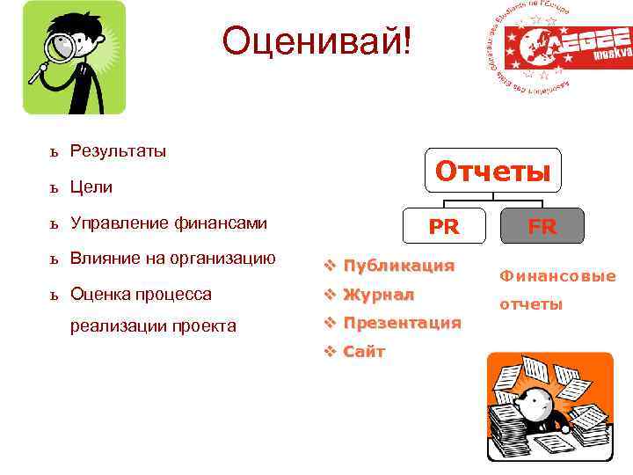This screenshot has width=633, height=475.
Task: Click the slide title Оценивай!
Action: click(316, 41)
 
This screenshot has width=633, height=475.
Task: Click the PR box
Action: click(444, 226)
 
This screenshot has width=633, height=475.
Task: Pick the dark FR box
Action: click(542, 226)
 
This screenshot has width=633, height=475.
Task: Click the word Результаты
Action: click(118, 151)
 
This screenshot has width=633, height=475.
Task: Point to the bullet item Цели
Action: click(91, 187)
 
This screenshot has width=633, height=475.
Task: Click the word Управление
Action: click(117, 223)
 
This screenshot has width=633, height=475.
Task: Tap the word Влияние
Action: click(104, 259)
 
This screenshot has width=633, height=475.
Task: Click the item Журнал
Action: click(378, 294)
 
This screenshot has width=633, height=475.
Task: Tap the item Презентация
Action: click(402, 323)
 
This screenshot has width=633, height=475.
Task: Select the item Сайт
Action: click(364, 352)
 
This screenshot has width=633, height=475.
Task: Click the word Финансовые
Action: click(557, 276)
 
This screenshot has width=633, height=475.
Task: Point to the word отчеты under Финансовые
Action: click(531, 304)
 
